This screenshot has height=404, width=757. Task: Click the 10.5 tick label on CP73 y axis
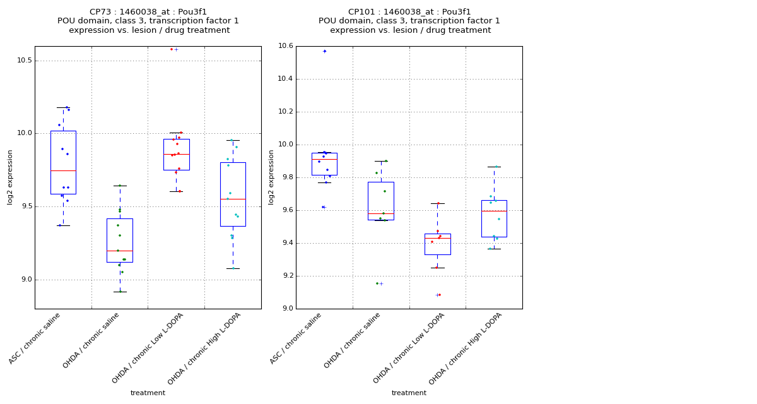click(x=23, y=61)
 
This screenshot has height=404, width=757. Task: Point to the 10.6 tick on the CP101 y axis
click(x=285, y=46)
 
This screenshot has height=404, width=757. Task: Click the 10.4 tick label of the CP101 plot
click(x=285, y=79)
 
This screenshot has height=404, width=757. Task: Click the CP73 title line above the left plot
click(x=148, y=12)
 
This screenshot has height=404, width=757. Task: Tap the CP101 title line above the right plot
click(x=409, y=12)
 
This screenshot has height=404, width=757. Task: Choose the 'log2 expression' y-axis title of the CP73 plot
click(x=10, y=177)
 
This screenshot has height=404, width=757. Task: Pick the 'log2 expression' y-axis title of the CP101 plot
click(x=271, y=177)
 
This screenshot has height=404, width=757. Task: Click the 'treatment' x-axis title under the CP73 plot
click(x=148, y=393)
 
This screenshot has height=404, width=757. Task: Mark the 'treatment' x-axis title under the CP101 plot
click(x=409, y=393)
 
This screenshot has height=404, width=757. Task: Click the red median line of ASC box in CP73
click(x=63, y=170)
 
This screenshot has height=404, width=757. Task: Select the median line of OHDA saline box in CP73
click(x=120, y=251)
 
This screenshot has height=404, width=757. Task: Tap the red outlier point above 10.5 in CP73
click(x=172, y=49)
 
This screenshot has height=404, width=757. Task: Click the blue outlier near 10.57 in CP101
click(x=325, y=51)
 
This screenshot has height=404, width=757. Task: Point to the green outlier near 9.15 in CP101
click(x=377, y=283)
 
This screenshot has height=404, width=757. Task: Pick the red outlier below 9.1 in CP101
click(x=440, y=295)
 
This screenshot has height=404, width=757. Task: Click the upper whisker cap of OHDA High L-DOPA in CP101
click(x=494, y=167)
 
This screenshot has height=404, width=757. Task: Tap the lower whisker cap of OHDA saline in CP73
click(x=120, y=292)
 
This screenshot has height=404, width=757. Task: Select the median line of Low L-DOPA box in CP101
click(x=437, y=238)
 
